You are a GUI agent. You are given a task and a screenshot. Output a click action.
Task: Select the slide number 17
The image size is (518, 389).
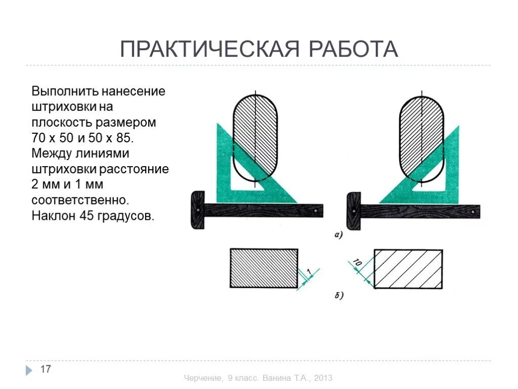[x=46, y=369]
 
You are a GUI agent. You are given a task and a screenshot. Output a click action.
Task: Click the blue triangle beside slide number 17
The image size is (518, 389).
[x=29, y=370]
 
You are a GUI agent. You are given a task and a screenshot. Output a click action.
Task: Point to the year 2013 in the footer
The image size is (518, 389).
[x=322, y=378]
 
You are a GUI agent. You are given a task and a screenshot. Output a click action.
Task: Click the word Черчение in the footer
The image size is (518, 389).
[x=203, y=378]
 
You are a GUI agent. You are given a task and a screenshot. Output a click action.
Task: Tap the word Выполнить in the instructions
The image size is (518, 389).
[x=64, y=92]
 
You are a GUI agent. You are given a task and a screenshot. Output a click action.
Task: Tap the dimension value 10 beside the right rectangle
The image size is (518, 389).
[x=358, y=263]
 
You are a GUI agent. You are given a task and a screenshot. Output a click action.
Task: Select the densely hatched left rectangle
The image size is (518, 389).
[x=264, y=268]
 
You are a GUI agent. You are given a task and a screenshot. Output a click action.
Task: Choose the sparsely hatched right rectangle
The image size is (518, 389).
[x=408, y=268]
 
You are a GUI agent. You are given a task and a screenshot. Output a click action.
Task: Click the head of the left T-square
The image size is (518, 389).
[x=198, y=210]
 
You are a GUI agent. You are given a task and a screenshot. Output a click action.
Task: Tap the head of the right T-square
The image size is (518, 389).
[x=354, y=211]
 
